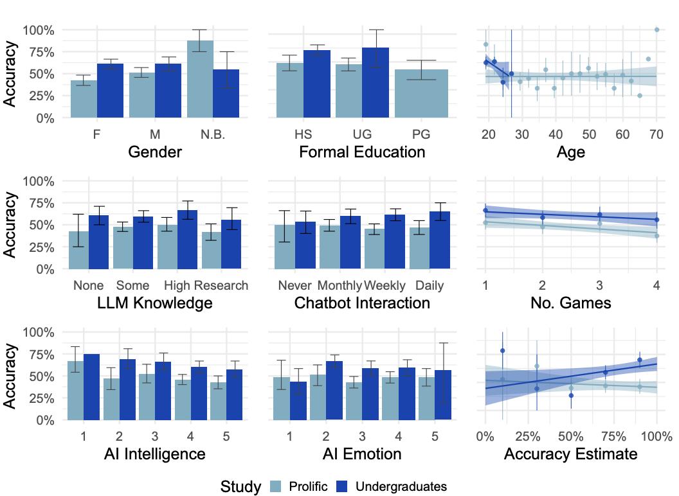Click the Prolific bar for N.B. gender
(200, 80)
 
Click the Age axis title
(570, 152)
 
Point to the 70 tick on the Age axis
(656, 134)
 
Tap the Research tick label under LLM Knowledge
(221, 285)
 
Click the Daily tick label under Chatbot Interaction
(429, 285)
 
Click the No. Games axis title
(570, 303)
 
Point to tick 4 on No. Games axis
(656, 285)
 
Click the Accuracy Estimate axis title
(570, 454)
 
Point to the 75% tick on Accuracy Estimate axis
(614, 436)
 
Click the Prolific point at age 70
(656, 30)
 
